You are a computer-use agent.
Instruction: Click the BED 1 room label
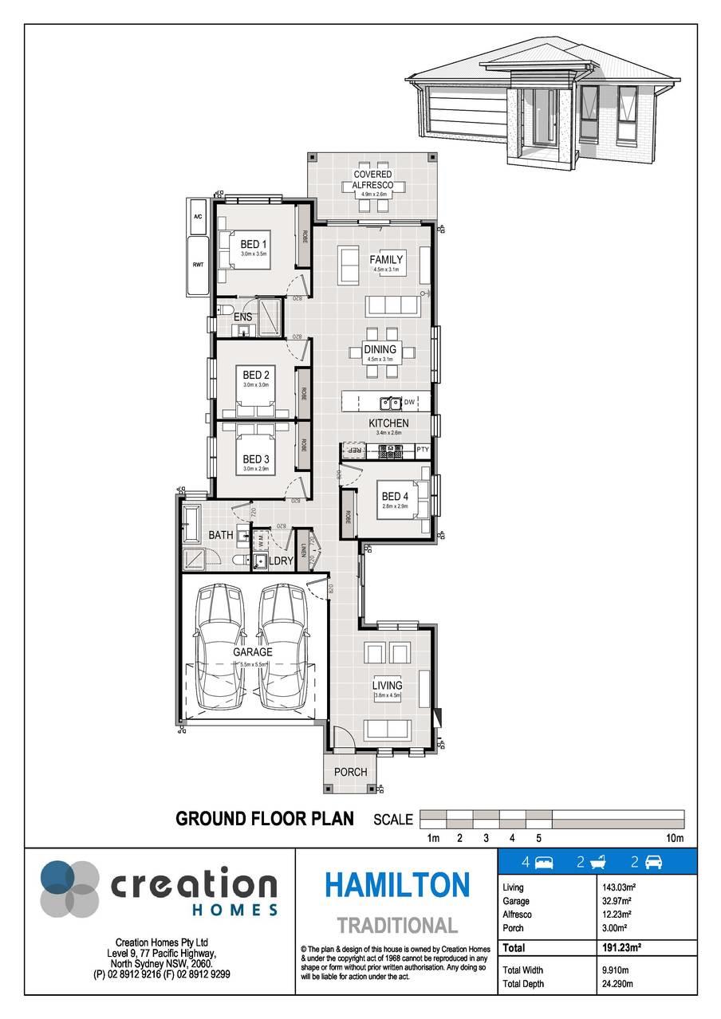pyautogui.click(x=254, y=244)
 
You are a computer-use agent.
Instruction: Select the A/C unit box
pyautogui.click(x=198, y=217)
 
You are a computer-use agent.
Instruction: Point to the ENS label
pyautogui.click(x=242, y=317)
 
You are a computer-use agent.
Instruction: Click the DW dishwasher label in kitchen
pyautogui.click(x=409, y=402)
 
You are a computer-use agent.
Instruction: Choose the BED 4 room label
pyautogui.click(x=395, y=497)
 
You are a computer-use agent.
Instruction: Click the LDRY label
pyautogui.click(x=281, y=561)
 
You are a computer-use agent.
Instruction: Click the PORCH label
pyautogui.click(x=350, y=772)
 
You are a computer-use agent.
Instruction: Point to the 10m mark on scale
pyautogui.click(x=675, y=838)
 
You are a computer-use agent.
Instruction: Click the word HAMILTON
pyautogui.click(x=396, y=885)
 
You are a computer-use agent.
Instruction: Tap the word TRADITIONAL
pyautogui.click(x=396, y=926)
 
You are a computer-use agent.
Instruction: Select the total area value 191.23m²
pyautogui.click(x=623, y=948)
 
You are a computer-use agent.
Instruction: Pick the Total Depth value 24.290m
pyautogui.click(x=617, y=984)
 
